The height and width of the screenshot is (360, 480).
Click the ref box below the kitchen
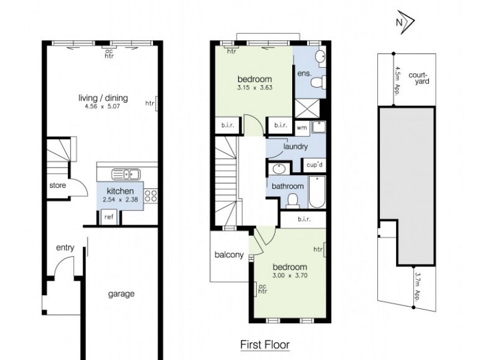point(109,217)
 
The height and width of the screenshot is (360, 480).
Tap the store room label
point(58,185)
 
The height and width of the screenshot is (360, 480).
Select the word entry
point(65,247)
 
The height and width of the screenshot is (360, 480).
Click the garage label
point(121,294)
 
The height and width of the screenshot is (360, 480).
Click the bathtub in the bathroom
point(317,191)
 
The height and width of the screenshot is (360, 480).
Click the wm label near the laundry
point(301,127)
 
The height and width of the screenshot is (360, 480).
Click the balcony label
point(229,255)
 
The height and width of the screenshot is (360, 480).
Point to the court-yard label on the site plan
point(418,79)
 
